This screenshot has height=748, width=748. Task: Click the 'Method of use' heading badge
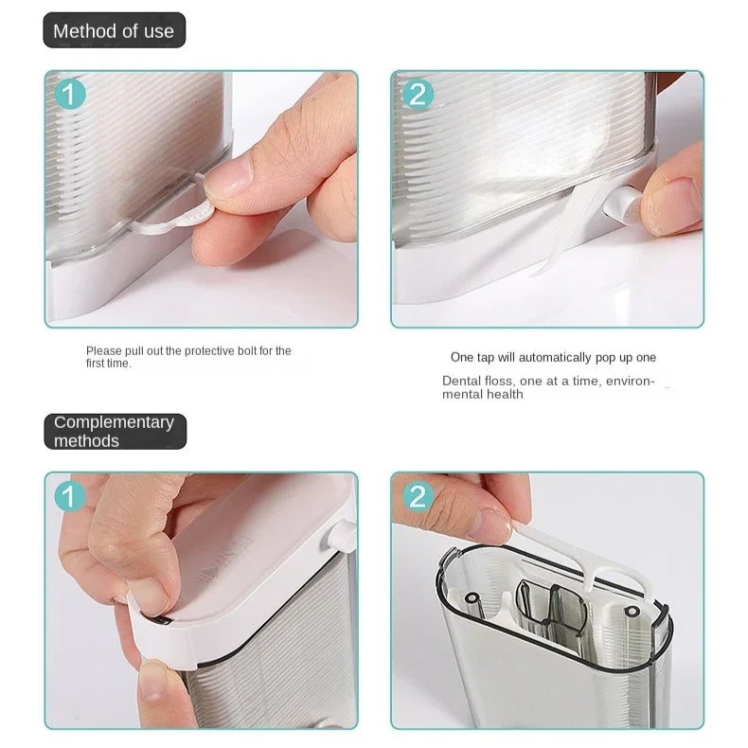tap(114, 30)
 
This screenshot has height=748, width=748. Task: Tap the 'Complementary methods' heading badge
tap(115, 431)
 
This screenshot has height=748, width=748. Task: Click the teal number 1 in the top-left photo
tap(70, 94)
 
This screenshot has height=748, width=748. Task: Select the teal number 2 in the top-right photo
tap(418, 94)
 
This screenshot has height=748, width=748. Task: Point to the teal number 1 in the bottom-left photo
tap(70, 496)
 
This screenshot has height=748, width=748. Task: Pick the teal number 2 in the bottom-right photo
tap(418, 496)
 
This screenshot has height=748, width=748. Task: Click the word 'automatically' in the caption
tap(555, 357)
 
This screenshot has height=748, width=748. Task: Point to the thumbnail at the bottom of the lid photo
tap(156, 681)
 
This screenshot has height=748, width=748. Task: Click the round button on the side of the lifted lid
tap(342, 535)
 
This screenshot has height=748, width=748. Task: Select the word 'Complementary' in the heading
tap(114, 422)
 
